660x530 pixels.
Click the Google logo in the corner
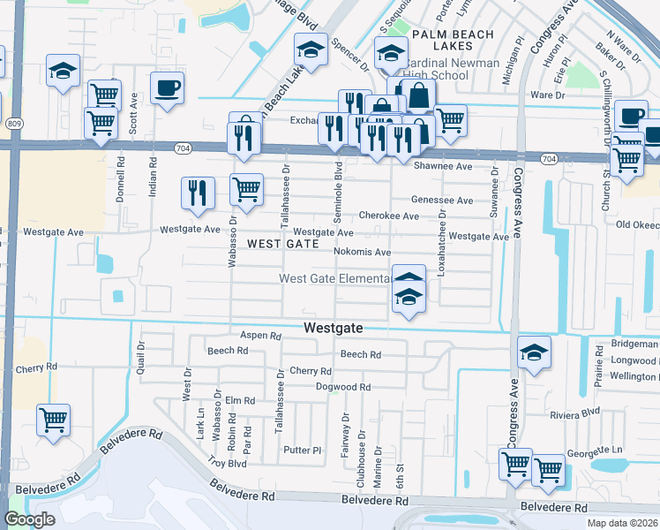pos(29,519)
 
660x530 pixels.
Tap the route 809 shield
pos(15,124)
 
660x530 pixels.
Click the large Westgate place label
pos(334,327)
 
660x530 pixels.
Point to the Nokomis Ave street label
pos(362,252)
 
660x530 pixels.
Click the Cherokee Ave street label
pos(388,216)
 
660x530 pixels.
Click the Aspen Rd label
pos(260,336)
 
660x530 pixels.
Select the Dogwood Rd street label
pos(343,387)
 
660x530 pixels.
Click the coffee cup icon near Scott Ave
pos(167,87)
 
